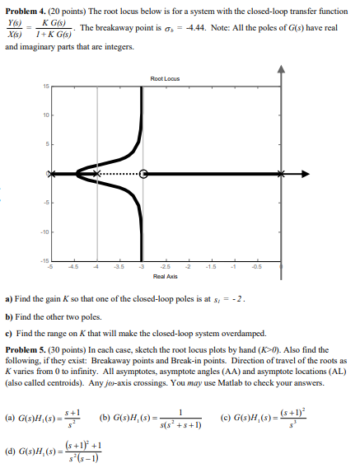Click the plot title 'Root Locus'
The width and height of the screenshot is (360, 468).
[166, 78]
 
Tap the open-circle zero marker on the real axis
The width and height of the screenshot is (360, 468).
[144, 174]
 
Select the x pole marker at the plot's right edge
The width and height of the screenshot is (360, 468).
[283, 174]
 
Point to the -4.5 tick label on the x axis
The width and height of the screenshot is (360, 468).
[74, 266]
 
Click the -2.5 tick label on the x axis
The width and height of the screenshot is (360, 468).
[166, 266]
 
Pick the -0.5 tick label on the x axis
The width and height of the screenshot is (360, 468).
[259, 266]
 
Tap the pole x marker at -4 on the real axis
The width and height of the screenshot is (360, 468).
[98, 174]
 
